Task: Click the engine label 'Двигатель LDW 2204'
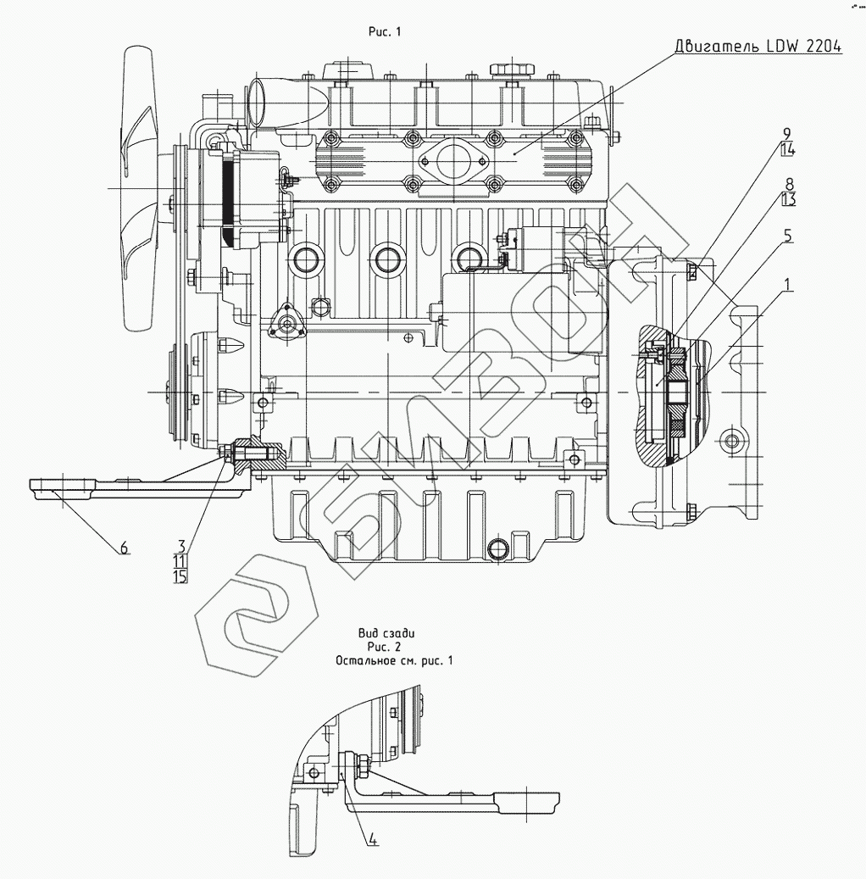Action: (758, 46)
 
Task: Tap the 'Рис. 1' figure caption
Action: (385, 32)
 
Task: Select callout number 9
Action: (786, 134)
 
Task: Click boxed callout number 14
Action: (787, 149)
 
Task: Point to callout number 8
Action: (789, 184)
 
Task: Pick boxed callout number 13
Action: (789, 199)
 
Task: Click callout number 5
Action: (788, 236)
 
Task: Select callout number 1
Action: (788, 285)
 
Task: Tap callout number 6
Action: (124, 547)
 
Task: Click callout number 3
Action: (181, 545)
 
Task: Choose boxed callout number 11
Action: (180, 561)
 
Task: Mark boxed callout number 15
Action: (180, 576)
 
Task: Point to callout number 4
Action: (374, 839)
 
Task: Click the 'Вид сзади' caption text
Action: (386, 633)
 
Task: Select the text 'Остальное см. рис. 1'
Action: (394, 661)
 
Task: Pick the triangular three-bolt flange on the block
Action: (287, 325)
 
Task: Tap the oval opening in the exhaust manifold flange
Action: (452, 161)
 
